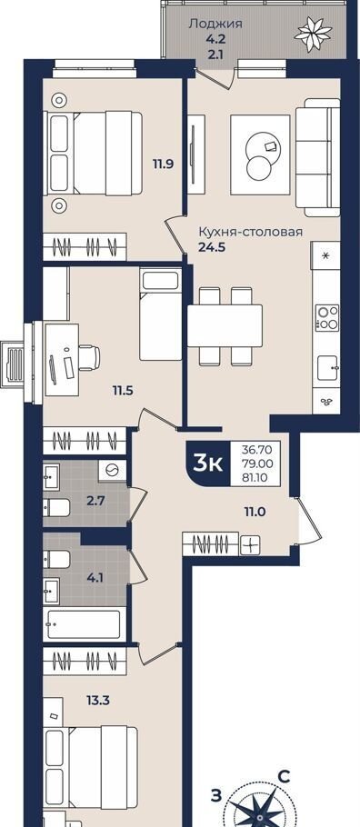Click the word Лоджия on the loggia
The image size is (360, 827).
coord(215,24)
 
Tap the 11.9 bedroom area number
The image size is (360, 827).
coord(164,164)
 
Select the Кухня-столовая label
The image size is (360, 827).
coord(250,232)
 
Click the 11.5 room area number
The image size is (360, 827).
coord(122,391)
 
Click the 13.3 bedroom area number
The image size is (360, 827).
coord(97,701)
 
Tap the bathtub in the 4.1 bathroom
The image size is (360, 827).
coord(85,624)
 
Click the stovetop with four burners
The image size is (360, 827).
coord(326,317)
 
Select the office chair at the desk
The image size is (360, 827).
coord(89,357)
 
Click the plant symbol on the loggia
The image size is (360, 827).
coord(313,33)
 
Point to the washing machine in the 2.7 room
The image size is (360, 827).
coord(112,470)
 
